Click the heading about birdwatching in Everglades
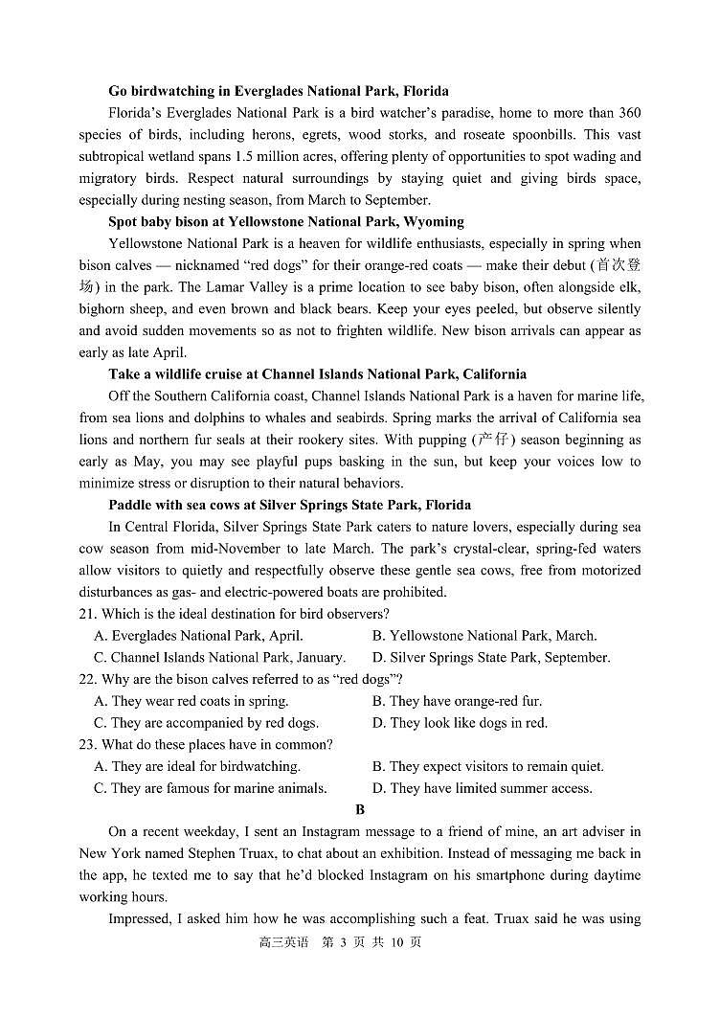coord(278,92)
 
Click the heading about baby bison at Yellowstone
coord(286,222)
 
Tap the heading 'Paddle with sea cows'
coord(289,506)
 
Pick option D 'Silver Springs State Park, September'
coord(490,658)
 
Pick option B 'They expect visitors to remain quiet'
coord(487,767)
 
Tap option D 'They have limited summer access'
coord(482,789)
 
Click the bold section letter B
coord(360,810)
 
